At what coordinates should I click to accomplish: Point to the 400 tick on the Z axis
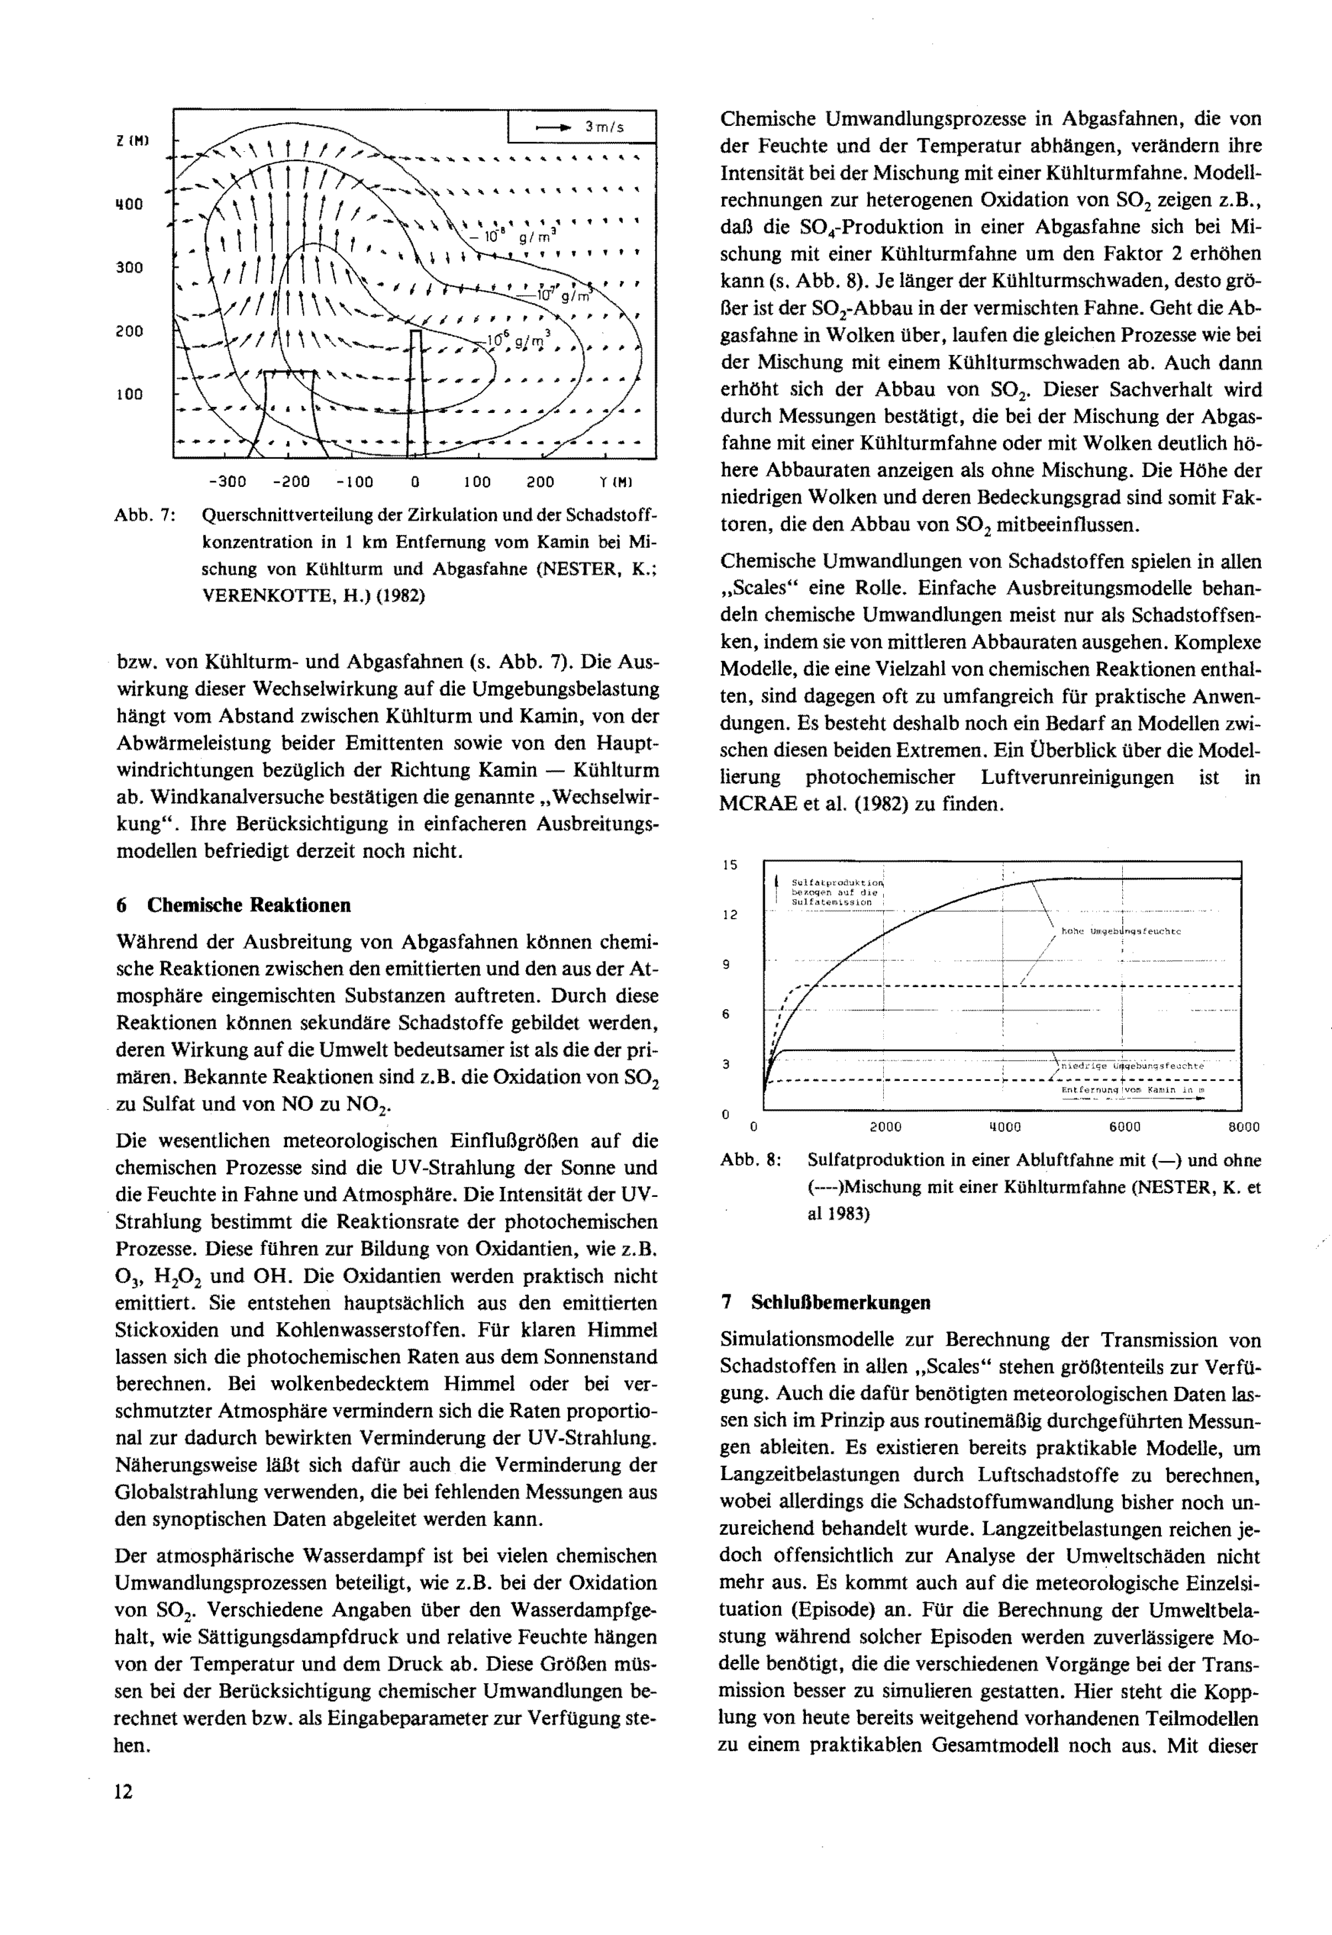(x=129, y=204)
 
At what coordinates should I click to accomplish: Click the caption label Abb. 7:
(x=145, y=515)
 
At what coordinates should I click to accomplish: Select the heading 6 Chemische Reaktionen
(x=234, y=905)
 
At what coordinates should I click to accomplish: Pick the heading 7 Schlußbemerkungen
(x=827, y=1302)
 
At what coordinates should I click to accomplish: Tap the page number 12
(x=123, y=1790)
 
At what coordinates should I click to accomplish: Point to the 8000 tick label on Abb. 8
(x=1243, y=1127)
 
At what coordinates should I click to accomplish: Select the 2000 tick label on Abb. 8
(x=886, y=1127)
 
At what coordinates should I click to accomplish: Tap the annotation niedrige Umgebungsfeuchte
(x=1132, y=1066)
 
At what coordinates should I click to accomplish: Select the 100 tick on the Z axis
(x=129, y=394)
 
